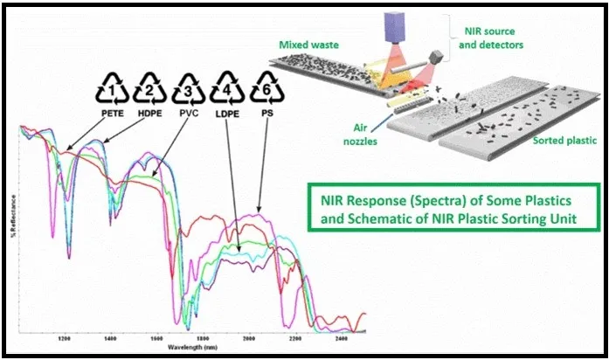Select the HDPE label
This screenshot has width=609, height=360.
click(150, 112)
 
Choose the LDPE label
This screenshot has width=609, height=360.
click(225, 112)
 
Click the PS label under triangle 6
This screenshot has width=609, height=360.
click(261, 112)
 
